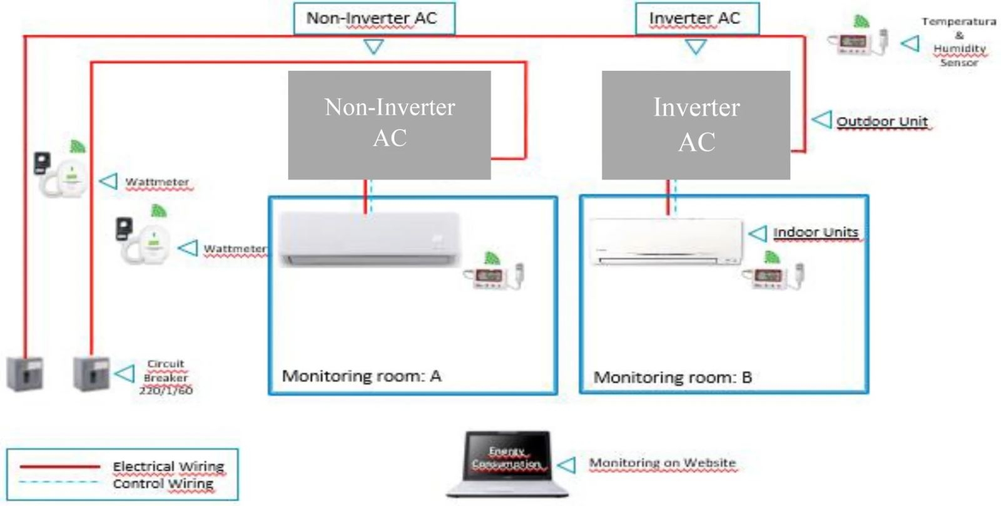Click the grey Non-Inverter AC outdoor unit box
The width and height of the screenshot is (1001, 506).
pyautogui.click(x=389, y=125)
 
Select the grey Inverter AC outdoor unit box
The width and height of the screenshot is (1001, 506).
pyautogui.click(x=696, y=125)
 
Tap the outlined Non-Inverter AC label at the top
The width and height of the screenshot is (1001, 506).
pyautogui.click(x=374, y=19)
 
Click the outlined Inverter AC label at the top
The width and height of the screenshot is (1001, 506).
pyautogui.click(x=696, y=19)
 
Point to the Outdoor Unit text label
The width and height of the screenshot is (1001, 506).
pyautogui.click(x=882, y=121)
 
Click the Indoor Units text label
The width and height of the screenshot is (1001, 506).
pyautogui.click(x=816, y=232)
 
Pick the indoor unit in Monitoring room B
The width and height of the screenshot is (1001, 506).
pyautogui.click(x=666, y=241)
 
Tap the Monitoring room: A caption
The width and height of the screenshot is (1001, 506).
pyautogui.click(x=362, y=376)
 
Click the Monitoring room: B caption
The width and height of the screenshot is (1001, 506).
pyautogui.click(x=673, y=378)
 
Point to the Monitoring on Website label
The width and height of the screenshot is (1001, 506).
pyautogui.click(x=663, y=463)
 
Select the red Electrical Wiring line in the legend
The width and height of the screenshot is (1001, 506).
pyautogui.click(x=59, y=467)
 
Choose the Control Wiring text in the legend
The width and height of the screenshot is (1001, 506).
pyautogui.click(x=163, y=484)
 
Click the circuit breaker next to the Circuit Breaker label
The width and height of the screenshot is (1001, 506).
pyautogui.click(x=91, y=374)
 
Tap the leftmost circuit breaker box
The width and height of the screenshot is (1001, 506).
pyautogui.click(x=25, y=374)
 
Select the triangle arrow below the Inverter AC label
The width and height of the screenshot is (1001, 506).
pyautogui.click(x=696, y=46)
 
